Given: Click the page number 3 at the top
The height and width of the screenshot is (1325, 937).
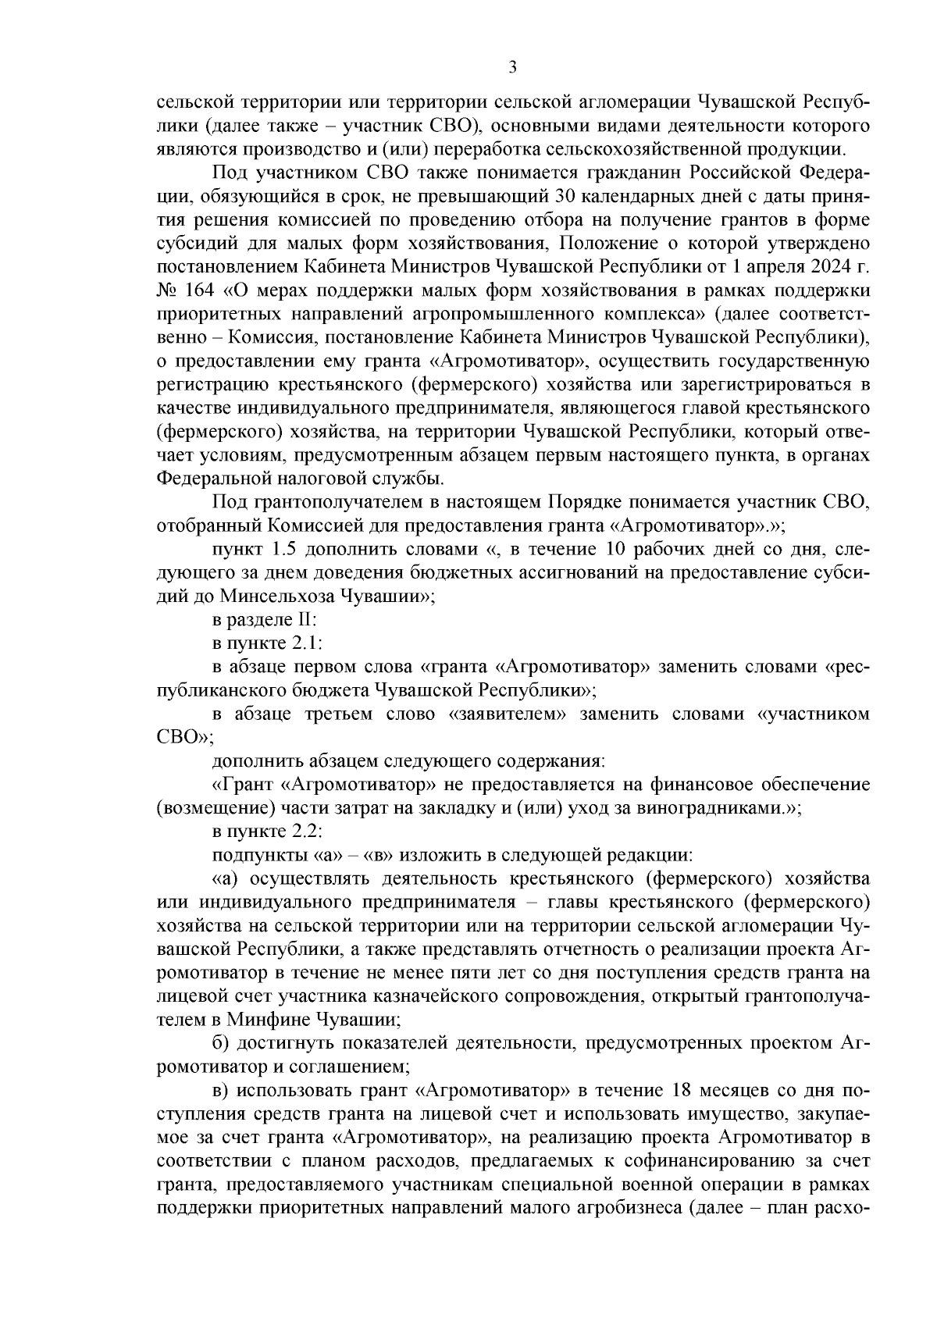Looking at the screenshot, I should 512,68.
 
